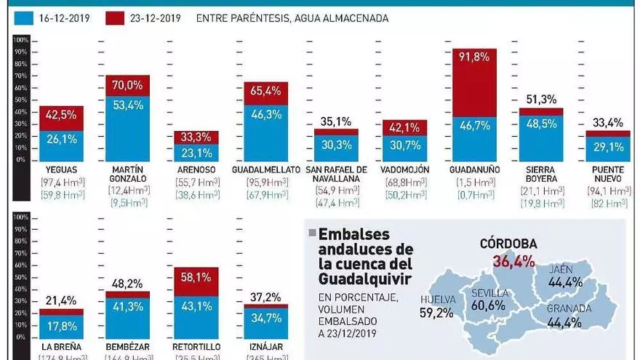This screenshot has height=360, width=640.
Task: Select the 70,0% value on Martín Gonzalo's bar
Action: (x=127, y=85)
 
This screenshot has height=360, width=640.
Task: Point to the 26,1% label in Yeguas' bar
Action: (x=61, y=140)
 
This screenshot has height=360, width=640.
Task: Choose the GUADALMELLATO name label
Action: (x=265, y=169)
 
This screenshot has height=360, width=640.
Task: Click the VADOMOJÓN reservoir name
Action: (x=404, y=169)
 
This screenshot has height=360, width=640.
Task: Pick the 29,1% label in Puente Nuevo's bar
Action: (x=609, y=147)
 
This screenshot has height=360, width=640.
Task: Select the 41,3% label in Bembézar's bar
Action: (x=127, y=307)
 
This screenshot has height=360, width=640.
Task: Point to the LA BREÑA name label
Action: (x=61, y=347)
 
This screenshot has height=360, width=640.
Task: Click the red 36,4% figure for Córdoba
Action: (x=514, y=260)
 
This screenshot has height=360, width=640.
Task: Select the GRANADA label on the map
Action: (x=569, y=308)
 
